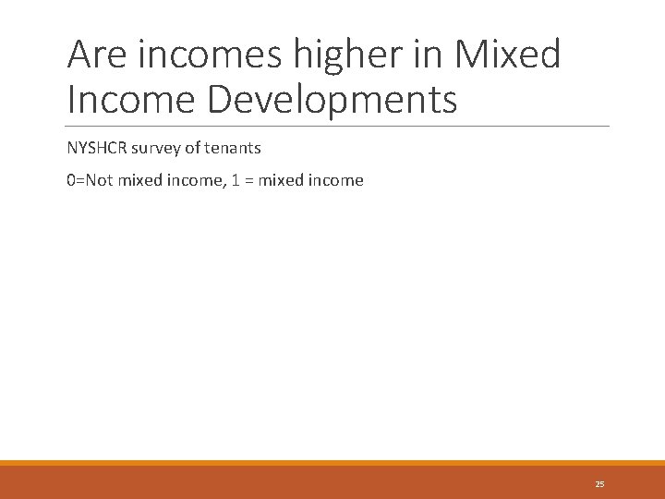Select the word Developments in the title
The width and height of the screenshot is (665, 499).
click(332, 99)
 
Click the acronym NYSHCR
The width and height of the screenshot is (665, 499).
click(99, 148)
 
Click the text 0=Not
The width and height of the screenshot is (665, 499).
click(91, 180)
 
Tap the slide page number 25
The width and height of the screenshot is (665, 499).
click(599, 483)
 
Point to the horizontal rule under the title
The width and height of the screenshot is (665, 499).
click(338, 126)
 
